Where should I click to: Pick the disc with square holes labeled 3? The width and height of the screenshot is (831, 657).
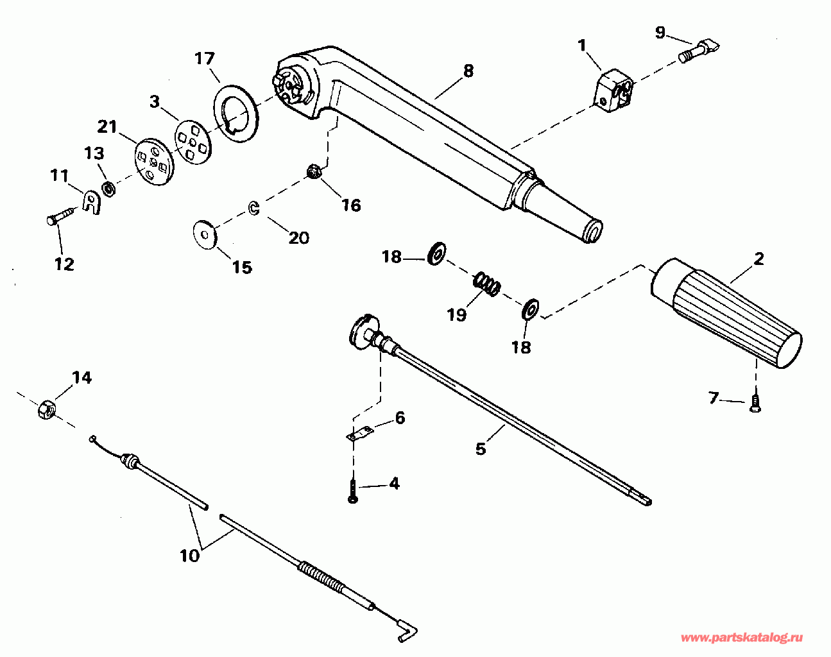(192, 142)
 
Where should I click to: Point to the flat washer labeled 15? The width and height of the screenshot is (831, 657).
(205, 234)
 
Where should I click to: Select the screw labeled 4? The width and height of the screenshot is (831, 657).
(352, 492)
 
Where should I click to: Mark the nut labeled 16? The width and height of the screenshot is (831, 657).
(314, 172)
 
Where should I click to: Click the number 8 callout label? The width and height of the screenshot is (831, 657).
(468, 71)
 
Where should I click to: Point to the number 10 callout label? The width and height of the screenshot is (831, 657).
(190, 556)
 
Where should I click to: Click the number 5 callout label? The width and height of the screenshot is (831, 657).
(481, 448)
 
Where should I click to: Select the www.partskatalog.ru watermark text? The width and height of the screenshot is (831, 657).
(741, 638)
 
